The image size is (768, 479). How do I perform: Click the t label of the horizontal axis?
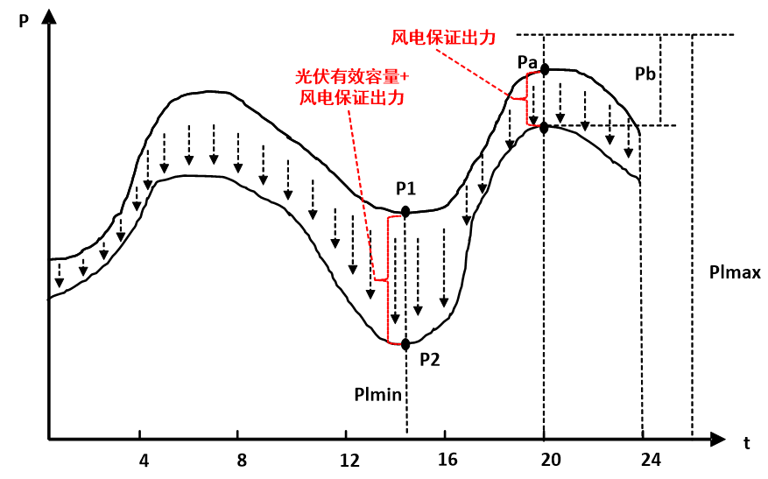pyautogui.click(x=747, y=443)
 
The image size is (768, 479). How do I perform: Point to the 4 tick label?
pyautogui.click(x=144, y=460)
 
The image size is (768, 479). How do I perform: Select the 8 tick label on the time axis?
pyautogui.click(x=243, y=460)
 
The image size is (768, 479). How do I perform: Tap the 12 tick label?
pyautogui.click(x=349, y=460)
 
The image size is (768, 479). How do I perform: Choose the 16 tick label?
pyautogui.click(x=445, y=460)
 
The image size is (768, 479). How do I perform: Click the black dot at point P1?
pyautogui.click(x=405, y=212)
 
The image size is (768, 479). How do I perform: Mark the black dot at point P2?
pyautogui.click(x=405, y=344)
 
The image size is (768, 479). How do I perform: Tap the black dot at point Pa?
pyautogui.click(x=545, y=68)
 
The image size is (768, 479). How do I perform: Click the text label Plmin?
pyautogui.click(x=378, y=394)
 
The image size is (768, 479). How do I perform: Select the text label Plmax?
pyautogui.click(x=735, y=273)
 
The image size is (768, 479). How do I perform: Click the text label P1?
pyautogui.click(x=406, y=187)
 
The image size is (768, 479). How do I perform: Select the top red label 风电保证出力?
pyautogui.click(x=444, y=38)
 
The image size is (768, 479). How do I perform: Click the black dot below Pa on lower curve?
pyautogui.click(x=545, y=128)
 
